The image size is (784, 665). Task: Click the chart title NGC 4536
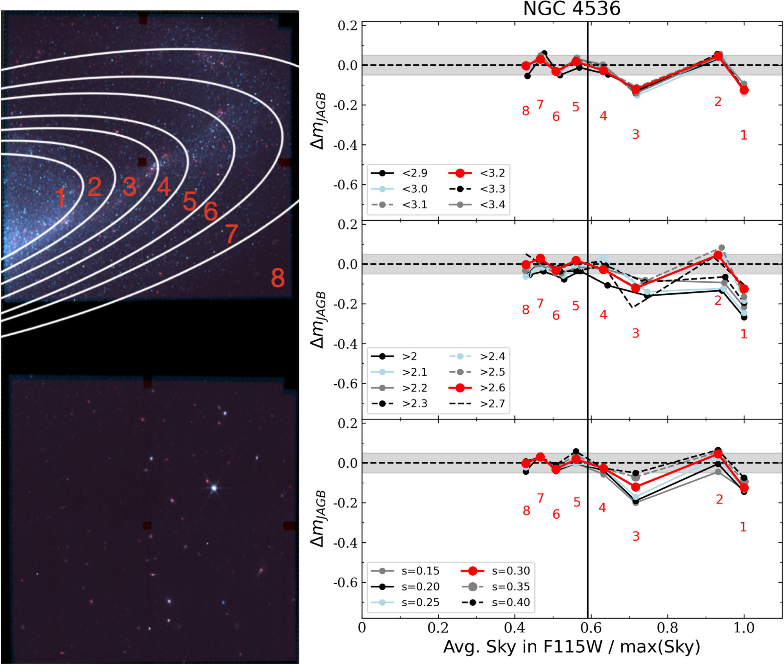point(572,9)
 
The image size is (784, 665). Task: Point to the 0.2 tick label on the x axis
point(438,628)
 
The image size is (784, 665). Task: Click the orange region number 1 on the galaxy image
point(60,197)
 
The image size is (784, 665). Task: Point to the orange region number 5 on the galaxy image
point(189,201)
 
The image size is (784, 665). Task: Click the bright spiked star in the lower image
point(214,488)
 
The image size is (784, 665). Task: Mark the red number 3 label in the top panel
point(635,134)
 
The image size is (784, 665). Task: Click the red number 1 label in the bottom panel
point(743,527)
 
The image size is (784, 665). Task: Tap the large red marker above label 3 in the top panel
point(635,90)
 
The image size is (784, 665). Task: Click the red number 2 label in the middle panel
point(717,301)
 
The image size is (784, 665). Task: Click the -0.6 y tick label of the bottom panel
point(345,583)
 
